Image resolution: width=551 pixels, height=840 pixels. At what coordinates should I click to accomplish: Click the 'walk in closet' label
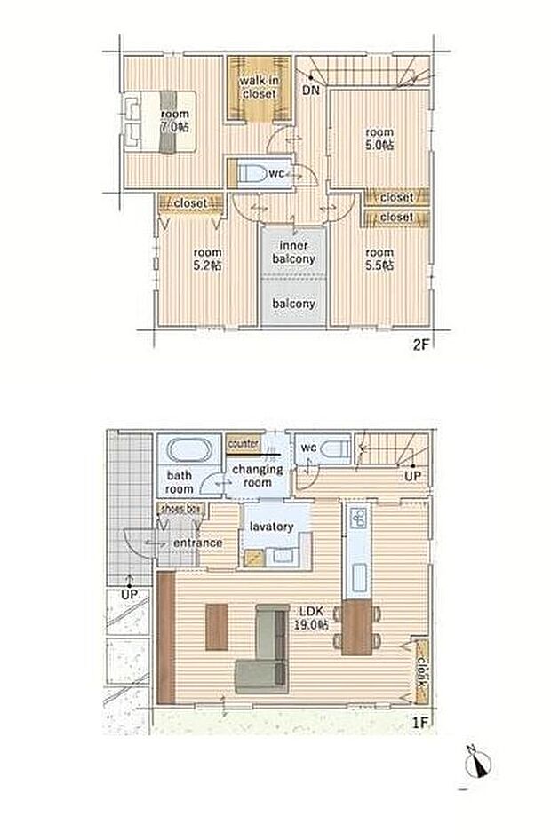tap(259, 87)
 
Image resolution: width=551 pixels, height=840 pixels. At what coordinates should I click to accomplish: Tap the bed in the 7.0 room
tap(160, 122)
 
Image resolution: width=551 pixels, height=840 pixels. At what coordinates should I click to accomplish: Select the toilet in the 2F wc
tap(252, 173)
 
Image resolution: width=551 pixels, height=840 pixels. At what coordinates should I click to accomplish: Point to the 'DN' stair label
tap(311, 90)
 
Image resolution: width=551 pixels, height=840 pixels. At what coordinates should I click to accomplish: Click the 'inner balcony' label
tap(294, 252)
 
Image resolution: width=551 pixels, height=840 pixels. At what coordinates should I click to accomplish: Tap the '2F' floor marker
tap(421, 345)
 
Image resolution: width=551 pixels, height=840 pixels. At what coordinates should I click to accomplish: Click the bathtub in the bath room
tap(188, 450)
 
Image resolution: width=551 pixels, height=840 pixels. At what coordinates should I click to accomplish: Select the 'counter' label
tap(244, 444)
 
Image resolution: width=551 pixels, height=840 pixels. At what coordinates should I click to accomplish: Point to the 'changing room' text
tap(258, 475)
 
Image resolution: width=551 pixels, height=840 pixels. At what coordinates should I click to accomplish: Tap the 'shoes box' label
tap(180, 509)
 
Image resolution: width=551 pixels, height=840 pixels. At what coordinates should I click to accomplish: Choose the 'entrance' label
tap(197, 543)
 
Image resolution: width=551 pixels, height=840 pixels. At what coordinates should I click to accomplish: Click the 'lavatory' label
tap(271, 527)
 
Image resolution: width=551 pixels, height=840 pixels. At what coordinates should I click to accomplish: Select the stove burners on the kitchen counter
tap(358, 518)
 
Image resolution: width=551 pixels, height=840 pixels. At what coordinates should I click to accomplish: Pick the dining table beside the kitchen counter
tap(356, 628)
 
